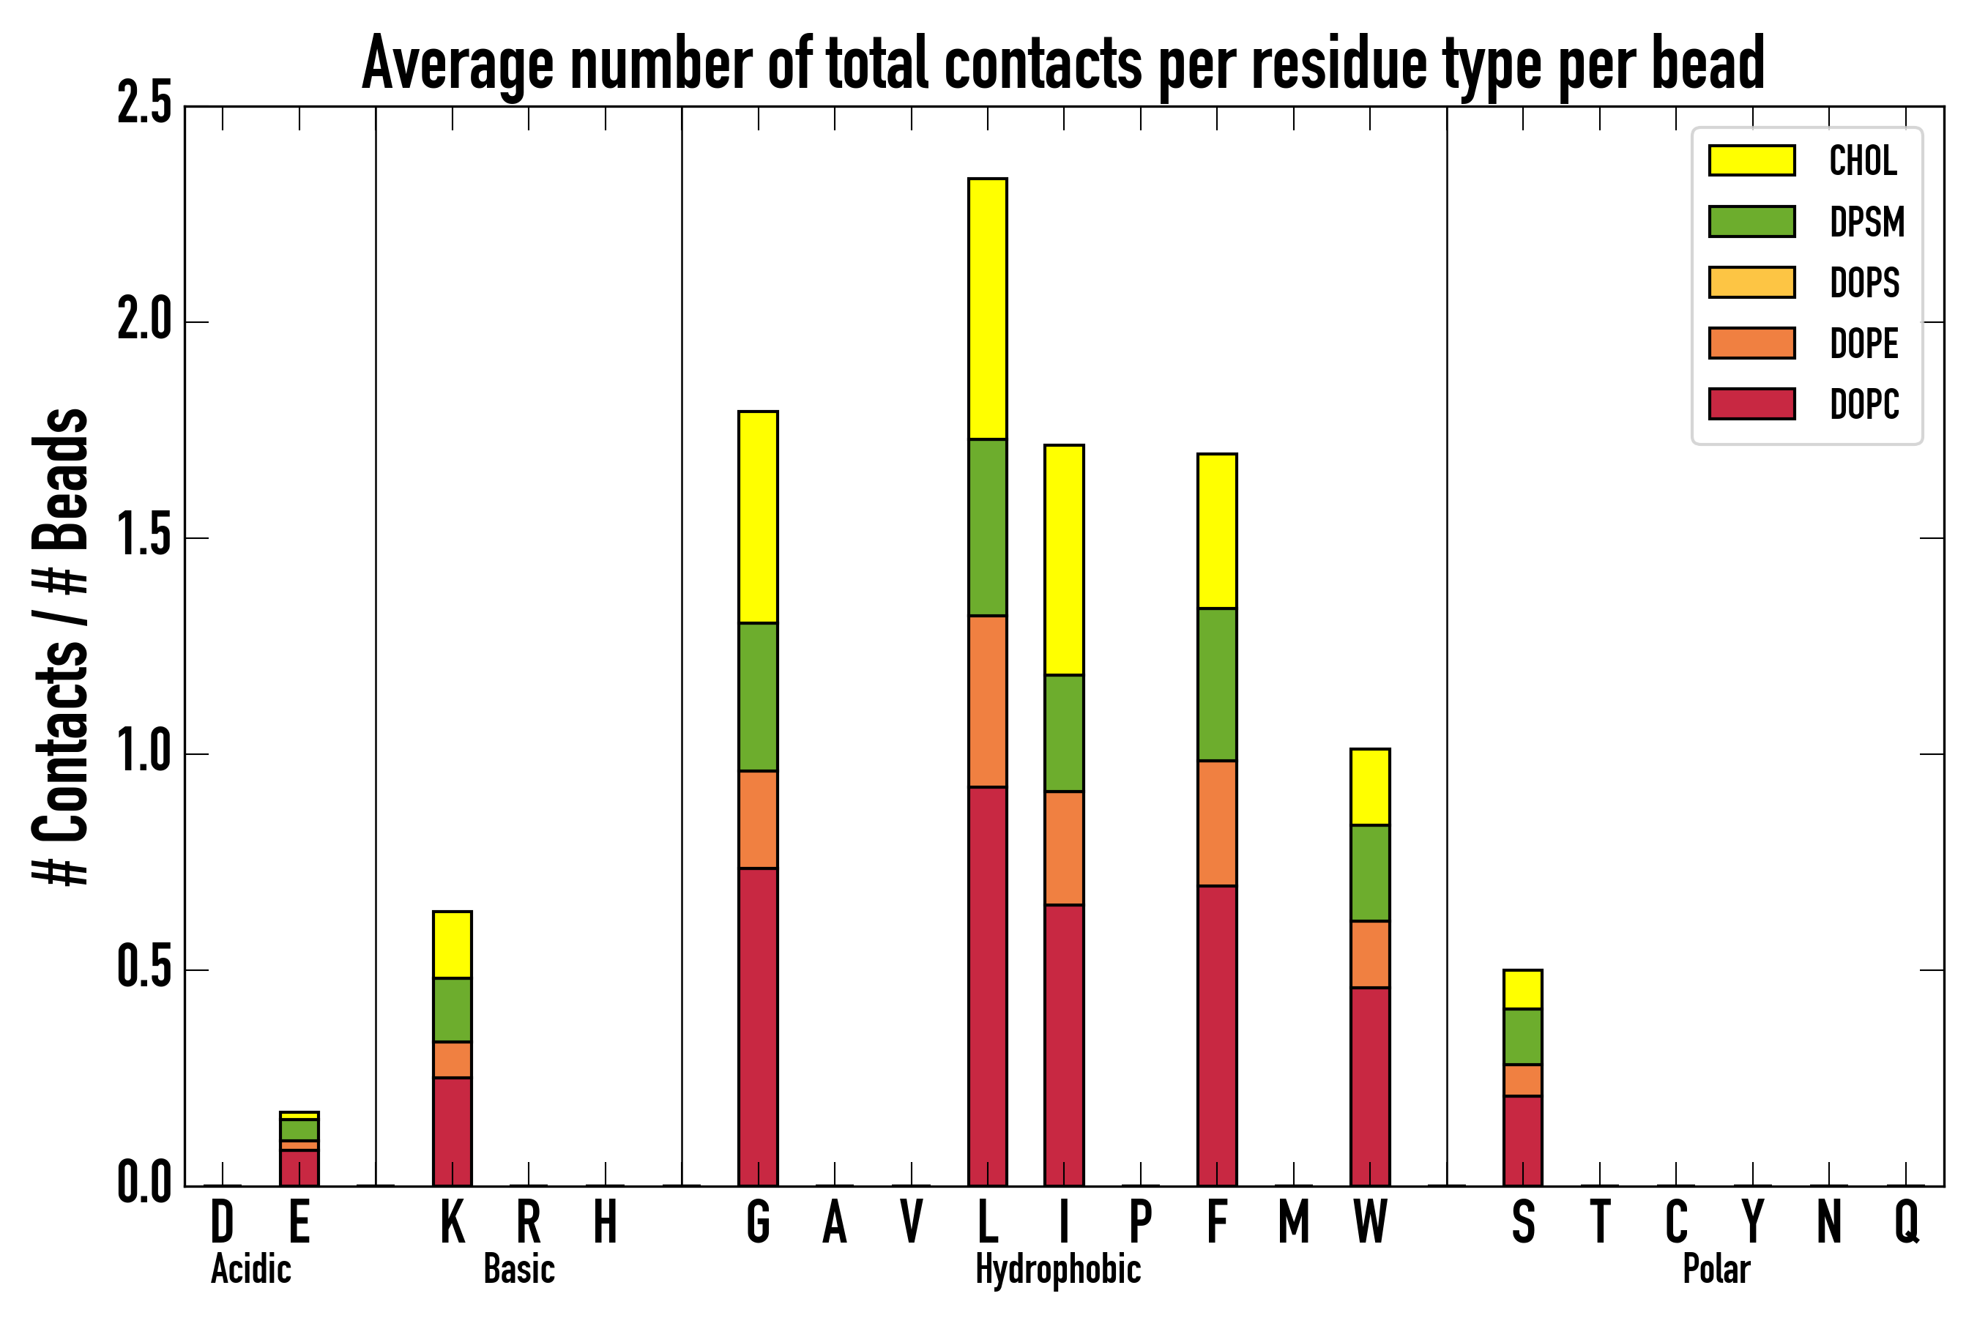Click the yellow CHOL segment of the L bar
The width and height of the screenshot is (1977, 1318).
988,308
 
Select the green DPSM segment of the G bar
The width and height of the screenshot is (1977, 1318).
758,697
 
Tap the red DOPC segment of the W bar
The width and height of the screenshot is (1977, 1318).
1370,1086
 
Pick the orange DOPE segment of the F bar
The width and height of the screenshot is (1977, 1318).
1217,823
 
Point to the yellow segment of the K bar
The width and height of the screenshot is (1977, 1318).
453,944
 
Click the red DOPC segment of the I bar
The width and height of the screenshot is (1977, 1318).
1064,1045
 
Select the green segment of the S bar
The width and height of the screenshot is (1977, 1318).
1523,1036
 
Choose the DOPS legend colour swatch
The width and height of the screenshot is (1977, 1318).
1751,282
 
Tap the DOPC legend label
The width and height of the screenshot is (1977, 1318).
1864,404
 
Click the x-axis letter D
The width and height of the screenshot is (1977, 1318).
222,1222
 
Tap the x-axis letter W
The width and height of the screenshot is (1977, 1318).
1370,1222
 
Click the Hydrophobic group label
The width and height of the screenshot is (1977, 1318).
1057,1269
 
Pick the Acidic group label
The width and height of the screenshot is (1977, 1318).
250,1269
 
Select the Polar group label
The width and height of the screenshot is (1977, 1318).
1716,1269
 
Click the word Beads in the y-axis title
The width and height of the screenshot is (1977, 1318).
61,479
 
